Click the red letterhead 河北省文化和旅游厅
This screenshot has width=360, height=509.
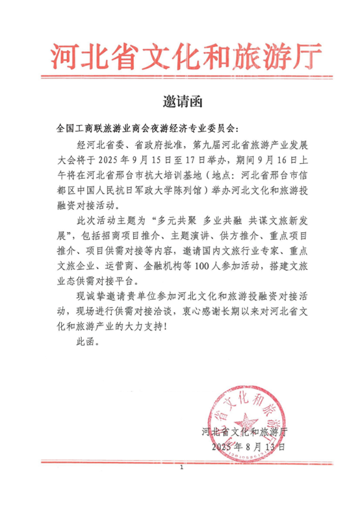(179, 57)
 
